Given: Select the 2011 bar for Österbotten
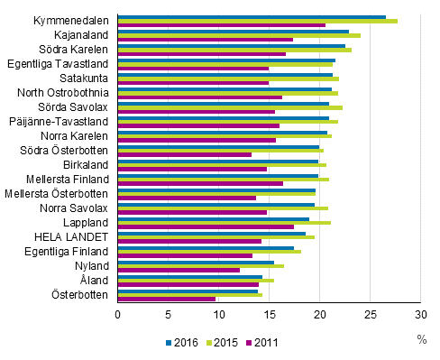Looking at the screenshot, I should pos(167,299).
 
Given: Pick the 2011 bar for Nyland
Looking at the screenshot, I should pos(179,270).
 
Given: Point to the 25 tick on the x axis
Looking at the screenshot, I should pos(370,314).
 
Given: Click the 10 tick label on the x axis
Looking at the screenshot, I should pos(218,314).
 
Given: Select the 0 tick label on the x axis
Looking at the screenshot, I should pos(117,314).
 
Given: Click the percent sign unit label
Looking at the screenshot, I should pos(421,338).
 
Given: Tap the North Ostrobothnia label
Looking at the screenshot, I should pos(63,92).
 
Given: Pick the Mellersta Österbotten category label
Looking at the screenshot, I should pos(57,193).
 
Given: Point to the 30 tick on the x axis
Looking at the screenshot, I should pos(420,314).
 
